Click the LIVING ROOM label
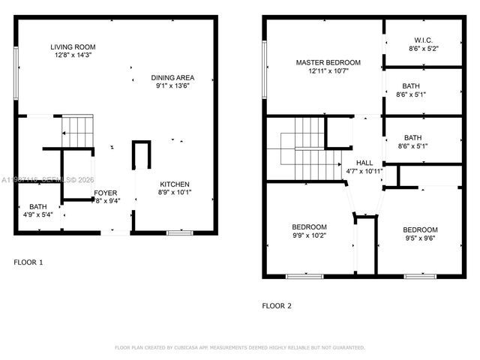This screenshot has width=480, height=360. coord(73,47)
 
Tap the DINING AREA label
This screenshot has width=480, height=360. coord(173,77)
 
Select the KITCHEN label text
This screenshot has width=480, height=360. coord(175,184)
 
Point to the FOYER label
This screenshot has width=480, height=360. coord(105,193)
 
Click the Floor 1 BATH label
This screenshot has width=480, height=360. coord(37,207)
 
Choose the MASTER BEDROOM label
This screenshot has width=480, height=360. coord(328,62)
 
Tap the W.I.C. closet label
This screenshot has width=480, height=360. coord(423,40)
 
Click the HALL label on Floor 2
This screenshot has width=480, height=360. coord(364,163)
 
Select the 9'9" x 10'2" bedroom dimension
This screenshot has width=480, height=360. coord(309,235)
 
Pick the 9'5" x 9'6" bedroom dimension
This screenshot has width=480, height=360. coord(420,238)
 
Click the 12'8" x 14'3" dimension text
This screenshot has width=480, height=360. coord(73,55)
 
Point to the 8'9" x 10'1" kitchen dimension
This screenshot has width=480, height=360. coord(175,193)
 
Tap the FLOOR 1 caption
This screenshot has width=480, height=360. coord(29,262)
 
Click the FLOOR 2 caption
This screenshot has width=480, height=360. coord(277,306)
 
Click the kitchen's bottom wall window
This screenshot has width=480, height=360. coord(180,232)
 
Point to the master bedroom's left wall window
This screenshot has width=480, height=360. coord(264,69)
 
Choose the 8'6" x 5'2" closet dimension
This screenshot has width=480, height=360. coord(423,48)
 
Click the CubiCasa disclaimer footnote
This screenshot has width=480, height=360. coord(239,348)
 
